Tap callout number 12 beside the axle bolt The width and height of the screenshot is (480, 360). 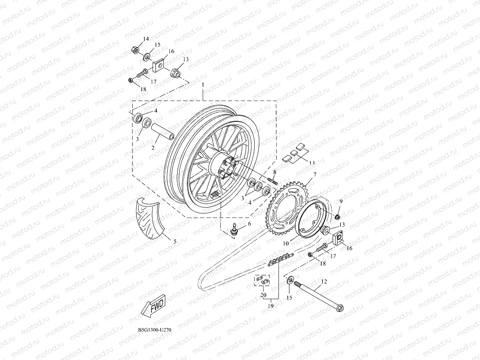(324, 282)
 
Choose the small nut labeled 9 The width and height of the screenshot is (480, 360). (337, 216)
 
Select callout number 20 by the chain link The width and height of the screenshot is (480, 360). (263, 295)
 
